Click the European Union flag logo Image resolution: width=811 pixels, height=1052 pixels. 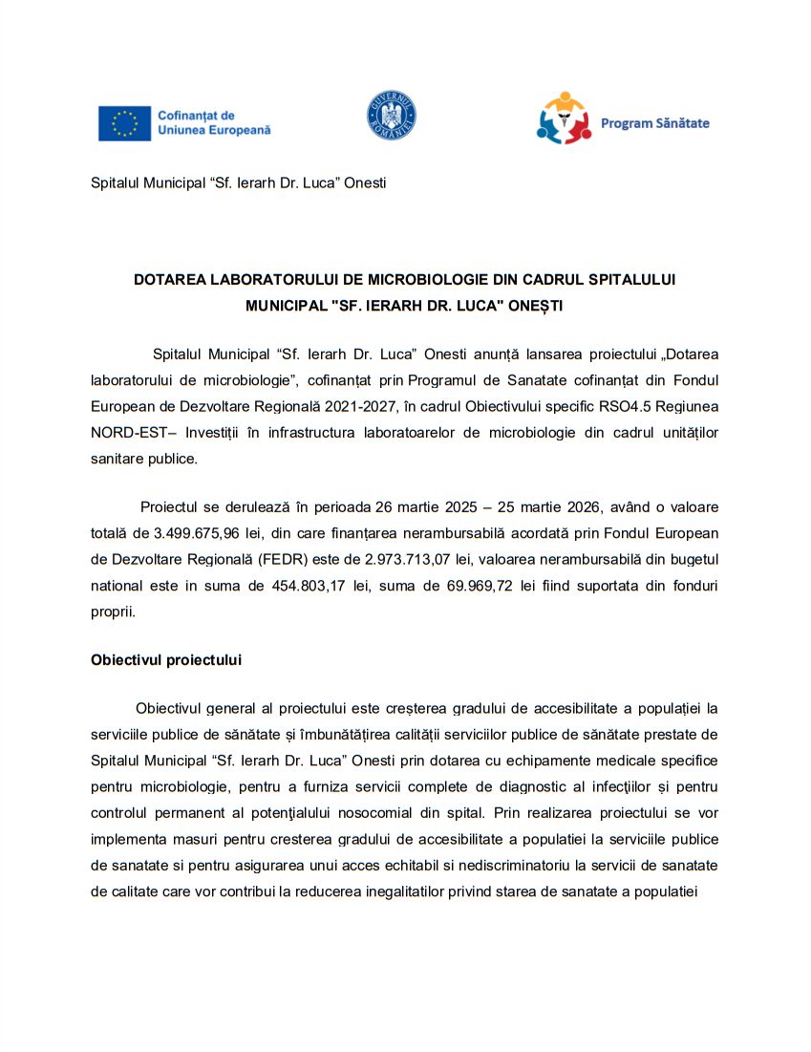(124, 123)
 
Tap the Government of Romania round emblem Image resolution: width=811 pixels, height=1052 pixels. (391, 117)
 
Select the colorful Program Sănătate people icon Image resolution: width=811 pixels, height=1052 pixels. (565, 118)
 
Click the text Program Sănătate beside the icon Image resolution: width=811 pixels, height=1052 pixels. (654, 123)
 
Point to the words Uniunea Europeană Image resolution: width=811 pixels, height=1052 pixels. (214, 130)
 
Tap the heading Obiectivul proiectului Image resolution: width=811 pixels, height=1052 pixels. (166, 659)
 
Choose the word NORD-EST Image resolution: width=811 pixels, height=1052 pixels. (128, 432)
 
